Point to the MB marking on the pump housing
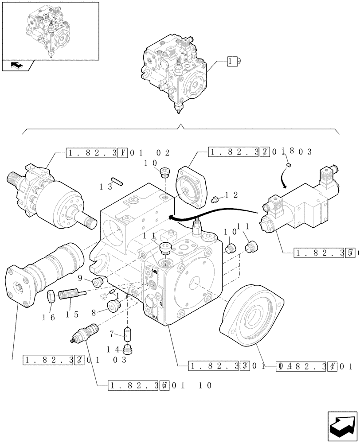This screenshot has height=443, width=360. pyautogui.click(x=154, y=271)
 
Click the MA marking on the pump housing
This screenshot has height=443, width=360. pyautogui.click(x=155, y=317)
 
